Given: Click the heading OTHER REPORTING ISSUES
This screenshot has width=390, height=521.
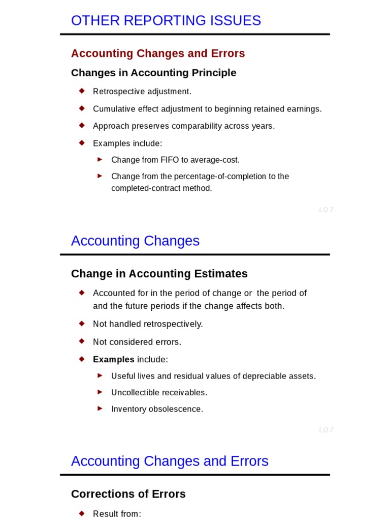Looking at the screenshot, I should pos(166,21).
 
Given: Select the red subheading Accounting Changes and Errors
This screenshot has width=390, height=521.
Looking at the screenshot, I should pos(158,53).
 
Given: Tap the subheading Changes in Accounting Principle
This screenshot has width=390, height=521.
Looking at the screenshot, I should pos(153,73).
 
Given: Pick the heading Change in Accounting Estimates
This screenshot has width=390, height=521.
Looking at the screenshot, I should pos(159,274).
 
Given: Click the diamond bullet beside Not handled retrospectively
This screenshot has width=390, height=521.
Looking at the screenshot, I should pos(81,323).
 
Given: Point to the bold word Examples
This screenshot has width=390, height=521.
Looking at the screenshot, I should pos(113,360).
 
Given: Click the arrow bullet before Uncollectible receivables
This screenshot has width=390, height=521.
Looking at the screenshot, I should pos(100,392).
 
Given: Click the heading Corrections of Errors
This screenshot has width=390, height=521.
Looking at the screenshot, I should pos(128,494).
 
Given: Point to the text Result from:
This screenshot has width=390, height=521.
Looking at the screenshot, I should pos(117,514).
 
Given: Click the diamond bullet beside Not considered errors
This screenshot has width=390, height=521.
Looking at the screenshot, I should pos(81,341).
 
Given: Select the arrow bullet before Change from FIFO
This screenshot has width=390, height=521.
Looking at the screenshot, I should pos(100,159).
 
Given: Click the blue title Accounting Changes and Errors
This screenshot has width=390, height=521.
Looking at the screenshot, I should pos(170,461).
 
